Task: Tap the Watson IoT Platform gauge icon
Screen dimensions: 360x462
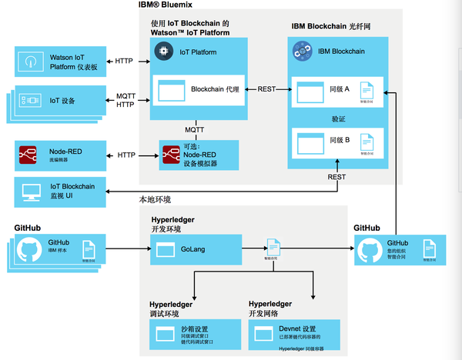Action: [x=30, y=61]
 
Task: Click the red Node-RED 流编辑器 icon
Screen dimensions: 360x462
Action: [x=30, y=155]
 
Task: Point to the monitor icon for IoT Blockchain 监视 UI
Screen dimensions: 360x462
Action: [x=30, y=191]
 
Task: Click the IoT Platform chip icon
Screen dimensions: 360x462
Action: [x=162, y=52]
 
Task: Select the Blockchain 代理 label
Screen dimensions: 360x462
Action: [x=214, y=89]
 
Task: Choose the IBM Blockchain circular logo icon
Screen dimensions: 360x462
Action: [x=302, y=52]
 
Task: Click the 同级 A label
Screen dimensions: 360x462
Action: [x=340, y=89]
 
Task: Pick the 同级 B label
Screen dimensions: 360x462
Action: [x=340, y=140]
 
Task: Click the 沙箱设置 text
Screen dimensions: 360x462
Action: [x=196, y=328]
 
